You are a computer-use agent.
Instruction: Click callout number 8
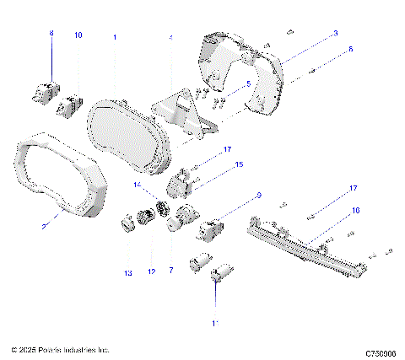(51, 33)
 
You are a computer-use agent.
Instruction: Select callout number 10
(78, 35)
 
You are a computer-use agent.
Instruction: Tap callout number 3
(335, 33)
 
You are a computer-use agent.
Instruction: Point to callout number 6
(352, 49)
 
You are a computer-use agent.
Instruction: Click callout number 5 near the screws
(247, 83)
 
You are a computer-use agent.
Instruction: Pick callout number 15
(239, 165)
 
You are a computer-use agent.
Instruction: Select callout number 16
(355, 210)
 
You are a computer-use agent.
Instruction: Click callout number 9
(258, 196)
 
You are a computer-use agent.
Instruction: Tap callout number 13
(128, 273)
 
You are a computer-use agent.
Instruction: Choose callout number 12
(153, 272)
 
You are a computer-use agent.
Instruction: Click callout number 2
(44, 226)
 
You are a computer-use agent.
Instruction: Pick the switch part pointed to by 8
(49, 89)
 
